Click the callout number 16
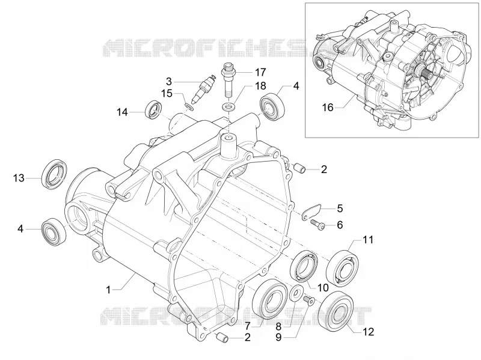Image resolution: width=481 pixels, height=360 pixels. (x=328, y=108)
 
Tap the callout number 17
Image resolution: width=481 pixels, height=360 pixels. (x=260, y=72)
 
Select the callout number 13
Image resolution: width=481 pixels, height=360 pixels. (x=19, y=178)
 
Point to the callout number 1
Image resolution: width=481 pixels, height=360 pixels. (x=108, y=290)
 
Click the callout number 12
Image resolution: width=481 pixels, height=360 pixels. (x=369, y=332)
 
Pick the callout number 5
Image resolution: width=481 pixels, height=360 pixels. (x=340, y=209)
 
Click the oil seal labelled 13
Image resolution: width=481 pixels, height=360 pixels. (x=55, y=174)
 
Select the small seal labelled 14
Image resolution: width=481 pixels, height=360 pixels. (x=153, y=109)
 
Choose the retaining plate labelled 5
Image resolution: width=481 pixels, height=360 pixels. (x=311, y=212)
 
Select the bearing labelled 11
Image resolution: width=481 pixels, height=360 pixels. (x=342, y=266)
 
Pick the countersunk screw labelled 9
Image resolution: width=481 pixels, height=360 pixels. (x=308, y=301)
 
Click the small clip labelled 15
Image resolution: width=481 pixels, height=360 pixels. (x=189, y=106)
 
